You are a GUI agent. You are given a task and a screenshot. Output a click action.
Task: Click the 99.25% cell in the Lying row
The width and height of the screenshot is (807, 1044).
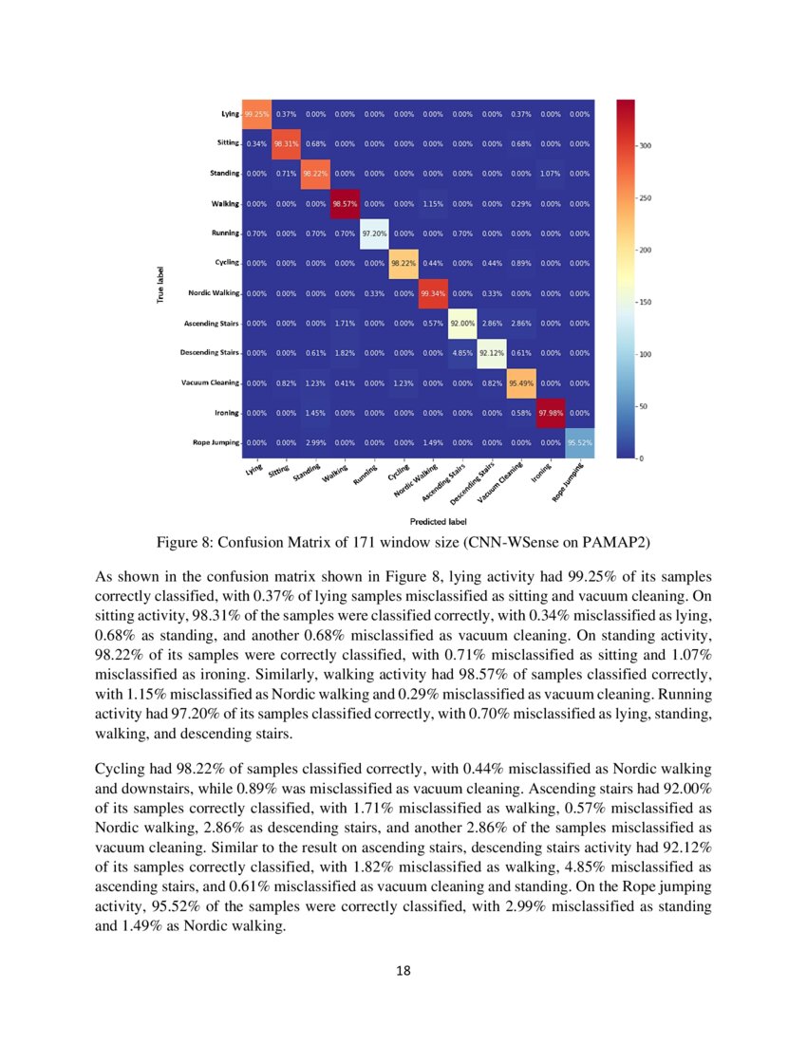(x=256, y=114)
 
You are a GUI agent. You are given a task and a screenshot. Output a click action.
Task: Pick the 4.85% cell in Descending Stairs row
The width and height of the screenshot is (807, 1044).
(x=462, y=353)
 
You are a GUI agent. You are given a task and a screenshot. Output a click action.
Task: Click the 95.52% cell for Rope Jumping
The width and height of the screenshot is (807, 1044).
(x=579, y=442)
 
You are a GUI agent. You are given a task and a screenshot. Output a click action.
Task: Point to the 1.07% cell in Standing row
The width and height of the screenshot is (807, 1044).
(x=550, y=174)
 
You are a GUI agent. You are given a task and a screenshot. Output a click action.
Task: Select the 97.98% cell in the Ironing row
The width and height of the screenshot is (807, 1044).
(x=550, y=413)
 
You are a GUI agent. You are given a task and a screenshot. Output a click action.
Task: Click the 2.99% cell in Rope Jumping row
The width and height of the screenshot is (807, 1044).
(x=315, y=442)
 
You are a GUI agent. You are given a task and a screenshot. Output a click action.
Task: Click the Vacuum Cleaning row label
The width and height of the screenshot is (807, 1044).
(x=210, y=382)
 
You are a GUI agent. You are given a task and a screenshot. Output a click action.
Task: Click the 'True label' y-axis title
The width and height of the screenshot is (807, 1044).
(x=159, y=285)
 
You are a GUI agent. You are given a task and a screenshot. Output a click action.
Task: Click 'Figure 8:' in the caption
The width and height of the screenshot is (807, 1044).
(x=186, y=543)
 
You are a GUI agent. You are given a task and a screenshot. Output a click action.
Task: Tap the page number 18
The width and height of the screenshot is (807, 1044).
(x=403, y=970)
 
